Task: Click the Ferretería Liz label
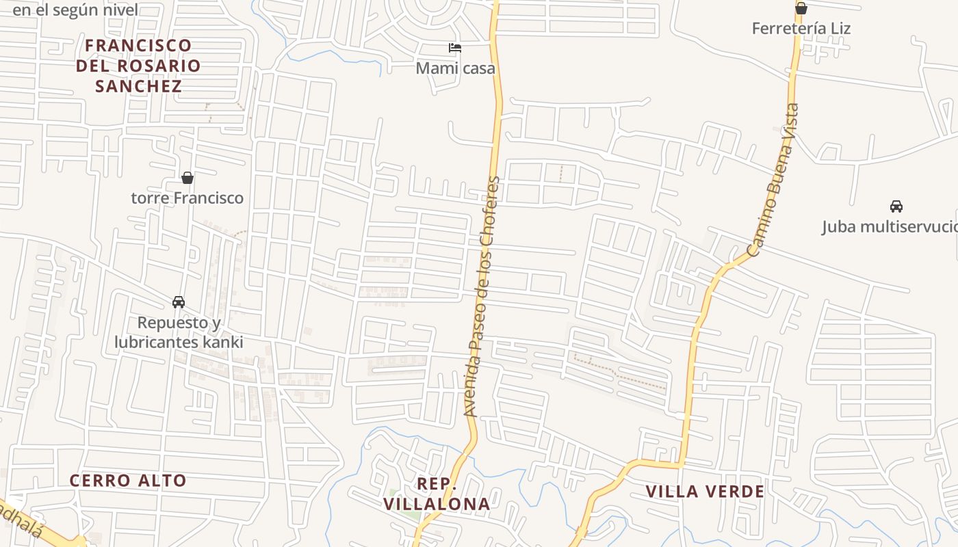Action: (x=801, y=29)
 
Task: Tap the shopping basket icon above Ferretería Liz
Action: (x=801, y=8)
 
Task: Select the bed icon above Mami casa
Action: (x=455, y=48)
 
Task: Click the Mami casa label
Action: (x=455, y=68)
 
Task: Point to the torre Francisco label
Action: (x=187, y=198)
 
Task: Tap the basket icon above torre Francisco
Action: (x=187, y=178)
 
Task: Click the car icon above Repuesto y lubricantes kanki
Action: (x=179, y=302)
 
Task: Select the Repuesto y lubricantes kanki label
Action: (x=179, y=332)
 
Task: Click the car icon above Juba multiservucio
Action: (x=896, y=206)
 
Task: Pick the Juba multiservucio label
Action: (x=890, y=226)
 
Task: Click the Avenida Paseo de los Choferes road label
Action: (x=482, y=297)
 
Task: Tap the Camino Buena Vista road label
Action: (x=775, y=180)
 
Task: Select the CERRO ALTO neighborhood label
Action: (x=128, y=481)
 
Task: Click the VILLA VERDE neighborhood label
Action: (x=705, y=492)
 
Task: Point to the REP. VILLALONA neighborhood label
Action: (x=437, y=494)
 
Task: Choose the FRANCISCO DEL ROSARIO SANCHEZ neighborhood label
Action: (x=138, y=66)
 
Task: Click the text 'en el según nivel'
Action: (x=75, y=10)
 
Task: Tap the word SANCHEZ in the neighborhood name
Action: (x=138, y=86)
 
